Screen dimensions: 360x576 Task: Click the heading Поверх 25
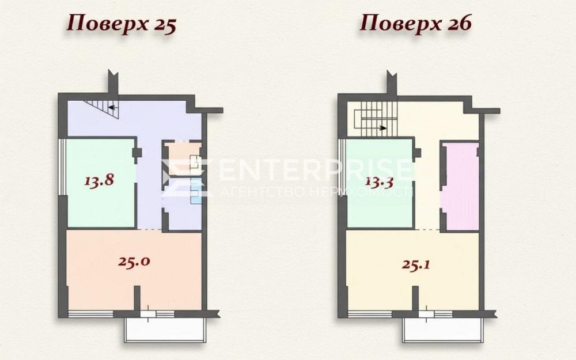(x=121, y=25)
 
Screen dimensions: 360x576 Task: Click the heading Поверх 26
(x=416, y=25)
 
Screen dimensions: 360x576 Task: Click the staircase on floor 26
(x=374, y=118)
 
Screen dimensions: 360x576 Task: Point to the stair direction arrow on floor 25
(x=113, y=107)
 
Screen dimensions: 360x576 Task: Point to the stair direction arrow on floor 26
(x=382, y=128)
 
